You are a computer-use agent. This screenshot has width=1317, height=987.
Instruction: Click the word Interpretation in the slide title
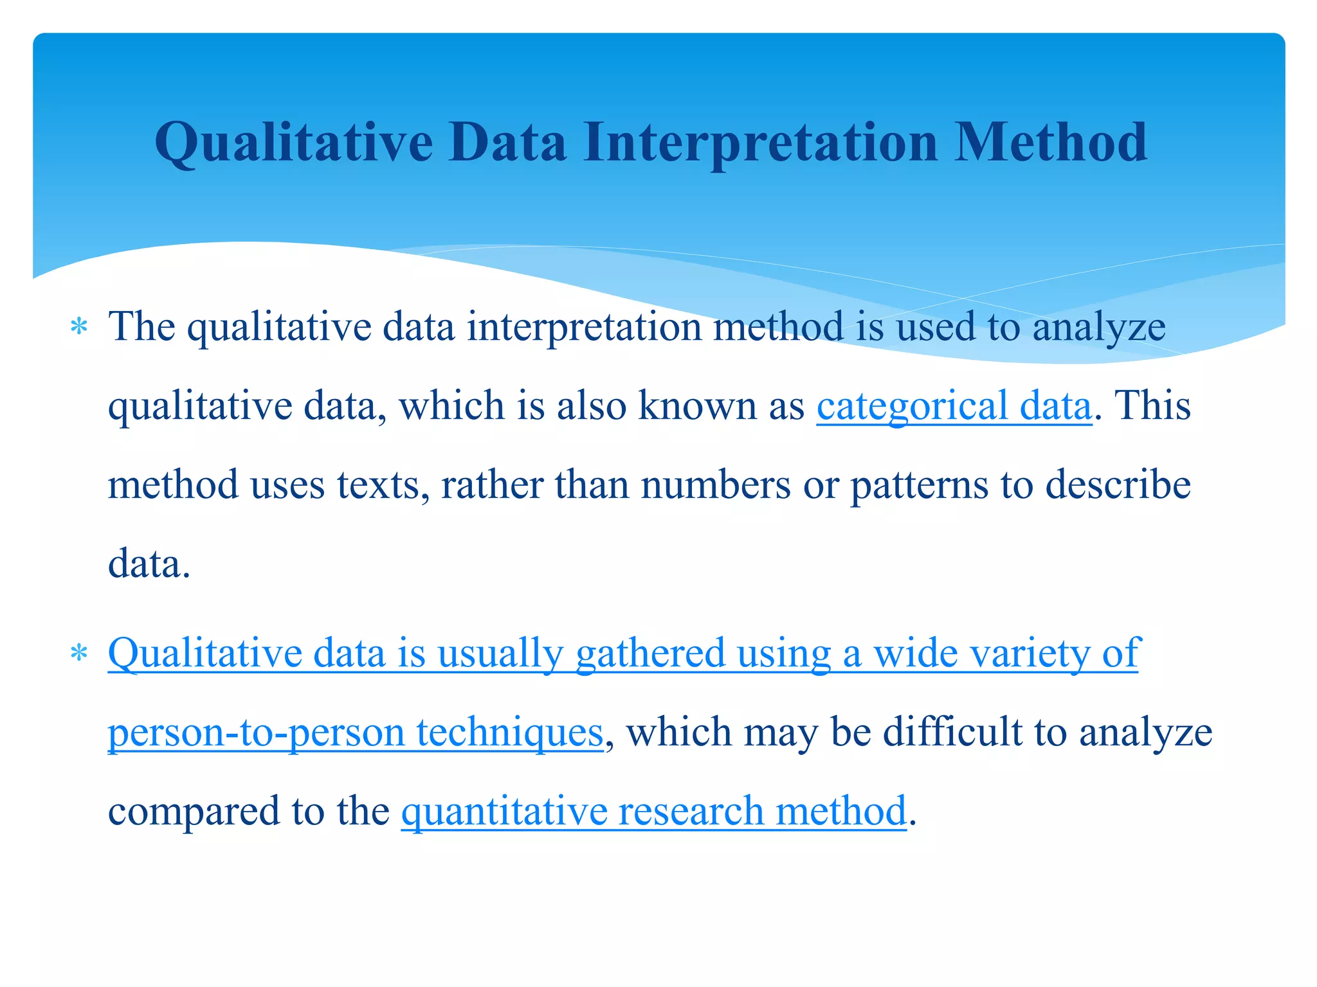(761, 143)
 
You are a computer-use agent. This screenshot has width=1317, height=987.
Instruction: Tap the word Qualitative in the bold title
(294, 143)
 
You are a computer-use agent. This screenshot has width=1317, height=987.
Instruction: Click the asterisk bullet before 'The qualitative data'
(79, 327)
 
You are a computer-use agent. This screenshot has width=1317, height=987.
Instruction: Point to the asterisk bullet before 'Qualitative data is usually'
(79, 654)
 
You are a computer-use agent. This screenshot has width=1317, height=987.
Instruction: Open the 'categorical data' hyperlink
(954, 406)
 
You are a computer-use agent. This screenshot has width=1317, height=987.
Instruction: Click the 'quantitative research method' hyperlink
(653, 811)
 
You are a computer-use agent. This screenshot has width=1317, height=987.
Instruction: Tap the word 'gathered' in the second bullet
(650, 654)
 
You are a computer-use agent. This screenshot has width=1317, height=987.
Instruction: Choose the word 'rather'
(492, 485)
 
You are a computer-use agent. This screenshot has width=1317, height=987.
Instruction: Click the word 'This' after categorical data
(1152, 406)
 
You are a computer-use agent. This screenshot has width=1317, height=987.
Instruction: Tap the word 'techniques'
(510, 733)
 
